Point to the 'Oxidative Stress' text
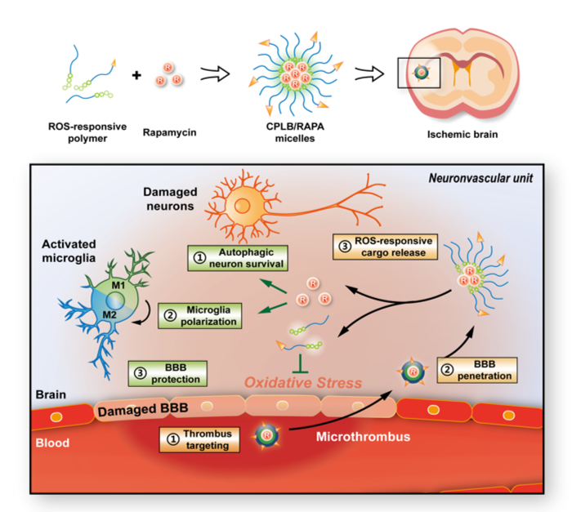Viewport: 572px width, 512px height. [x=302, y=382]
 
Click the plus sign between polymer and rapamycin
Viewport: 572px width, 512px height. [x=136, y=77]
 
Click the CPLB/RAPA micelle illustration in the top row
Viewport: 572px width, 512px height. [x=299, y=73]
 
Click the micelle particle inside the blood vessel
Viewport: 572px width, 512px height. [x=268, y=433]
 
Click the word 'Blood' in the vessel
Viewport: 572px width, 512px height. [x=53, y=444]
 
